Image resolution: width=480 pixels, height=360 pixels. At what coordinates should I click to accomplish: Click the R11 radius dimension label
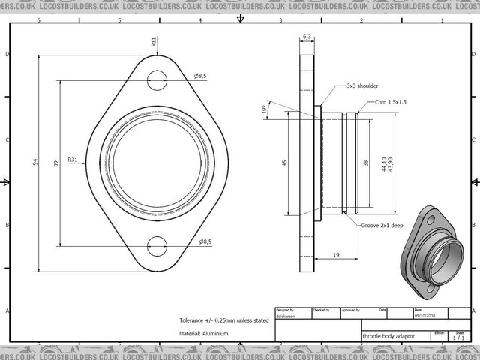coord(153,42)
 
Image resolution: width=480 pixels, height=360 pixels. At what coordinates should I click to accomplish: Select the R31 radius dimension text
coord(73,160)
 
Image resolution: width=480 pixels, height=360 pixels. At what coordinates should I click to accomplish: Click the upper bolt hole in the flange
coord(157,76)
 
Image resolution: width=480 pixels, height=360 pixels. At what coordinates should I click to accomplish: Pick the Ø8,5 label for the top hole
coord(201,76)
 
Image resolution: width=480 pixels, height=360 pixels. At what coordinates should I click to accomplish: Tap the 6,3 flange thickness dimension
coord(307,36)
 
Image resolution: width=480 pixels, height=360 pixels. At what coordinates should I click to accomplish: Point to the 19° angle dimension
coord(265,109)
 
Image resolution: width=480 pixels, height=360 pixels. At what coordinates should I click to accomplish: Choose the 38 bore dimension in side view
coord(366,162)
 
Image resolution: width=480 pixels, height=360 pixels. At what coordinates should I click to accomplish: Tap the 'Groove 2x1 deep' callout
coord(382,225)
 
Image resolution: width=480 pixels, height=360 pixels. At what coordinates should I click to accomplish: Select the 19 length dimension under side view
coord(335,256)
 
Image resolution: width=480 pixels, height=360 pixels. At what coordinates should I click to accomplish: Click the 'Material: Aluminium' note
coord(204,333)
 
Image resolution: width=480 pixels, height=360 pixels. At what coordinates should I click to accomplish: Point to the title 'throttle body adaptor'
coord(388,337)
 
